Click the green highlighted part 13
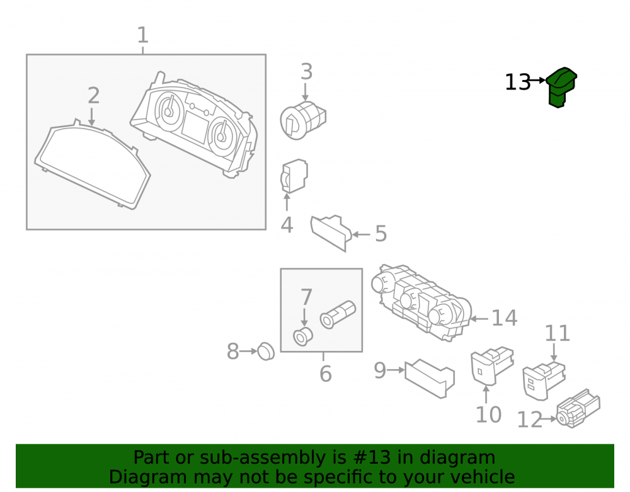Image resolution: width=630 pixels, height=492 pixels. (562, 87)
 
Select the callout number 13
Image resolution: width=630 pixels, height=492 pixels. (517, 83)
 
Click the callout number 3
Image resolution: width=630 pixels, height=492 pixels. (307, 71)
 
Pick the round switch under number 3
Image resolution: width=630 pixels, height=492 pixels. (302, 120)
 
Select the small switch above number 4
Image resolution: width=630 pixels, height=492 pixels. (294, 176)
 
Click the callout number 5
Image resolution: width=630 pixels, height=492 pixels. (381, 234)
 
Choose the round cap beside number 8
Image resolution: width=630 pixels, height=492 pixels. (266, 352)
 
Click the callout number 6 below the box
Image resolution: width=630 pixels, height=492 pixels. (326, 374)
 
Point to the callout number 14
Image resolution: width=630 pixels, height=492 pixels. (504, 318)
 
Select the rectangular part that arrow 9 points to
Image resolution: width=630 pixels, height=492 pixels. (430, 377)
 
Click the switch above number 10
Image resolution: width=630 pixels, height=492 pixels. (492, 365)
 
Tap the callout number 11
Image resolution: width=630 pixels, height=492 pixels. (558, 333)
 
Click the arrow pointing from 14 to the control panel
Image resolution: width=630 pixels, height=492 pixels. (479, 319)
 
